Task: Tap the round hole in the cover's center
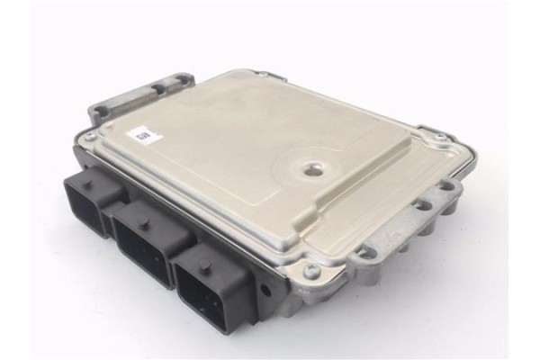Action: [312, 168]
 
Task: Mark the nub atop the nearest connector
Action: [206, 265]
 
